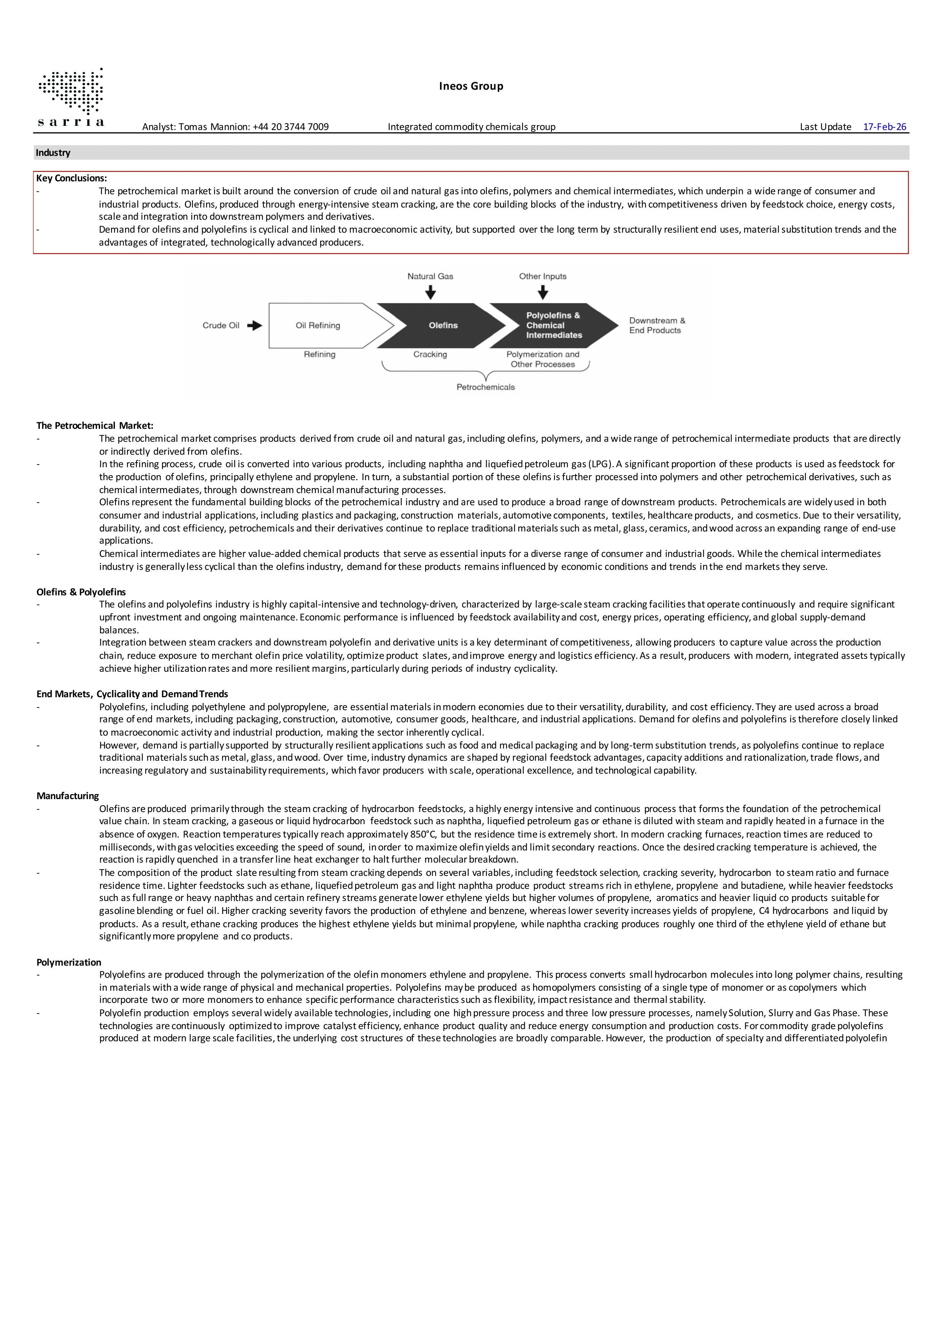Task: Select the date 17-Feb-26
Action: [x=884, y=127]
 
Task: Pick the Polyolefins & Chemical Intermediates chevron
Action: [x=552, y=325]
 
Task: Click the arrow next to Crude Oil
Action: [x=254, y=325]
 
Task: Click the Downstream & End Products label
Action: [x=657, y=325]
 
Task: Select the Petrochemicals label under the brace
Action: [x=485, y=387]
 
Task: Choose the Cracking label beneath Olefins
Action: [x=430, y=354]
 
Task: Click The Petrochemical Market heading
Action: [x=95, y=426]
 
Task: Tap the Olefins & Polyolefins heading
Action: [x=81, y=592]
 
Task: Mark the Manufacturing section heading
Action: [x=67, y=796]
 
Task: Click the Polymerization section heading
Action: [x=68, y=962]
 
